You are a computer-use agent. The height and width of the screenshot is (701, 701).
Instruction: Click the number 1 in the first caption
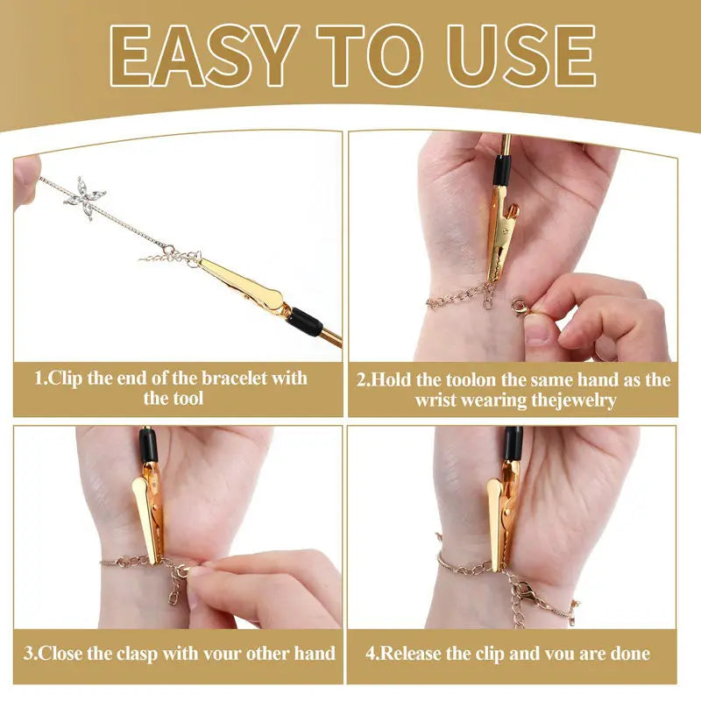coord(39,379)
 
